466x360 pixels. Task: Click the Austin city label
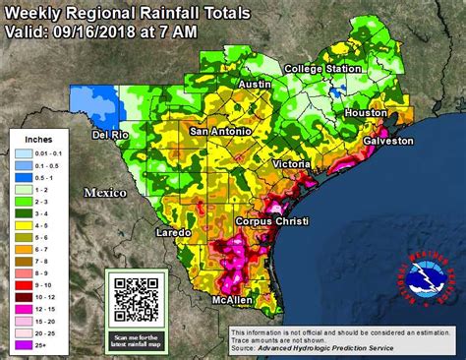point(254,86)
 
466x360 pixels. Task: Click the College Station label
point(321,69)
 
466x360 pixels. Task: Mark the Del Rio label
point(111,135)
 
